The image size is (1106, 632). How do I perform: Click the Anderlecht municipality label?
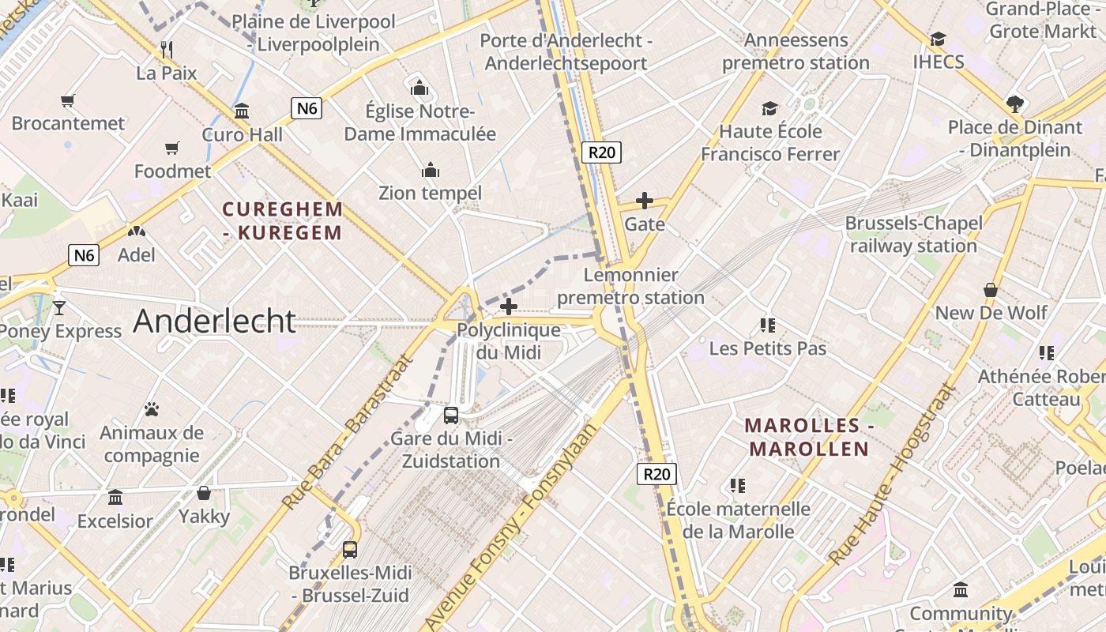tap(214, 321)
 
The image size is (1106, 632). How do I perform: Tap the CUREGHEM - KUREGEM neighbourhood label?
tap(283, 221)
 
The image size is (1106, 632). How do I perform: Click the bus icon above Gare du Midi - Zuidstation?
tap(451, 415)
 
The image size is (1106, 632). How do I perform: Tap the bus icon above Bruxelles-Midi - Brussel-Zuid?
tap(349, 549)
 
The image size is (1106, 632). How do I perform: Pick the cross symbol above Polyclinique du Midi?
tap(509, 307)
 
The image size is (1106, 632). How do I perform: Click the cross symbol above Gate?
tap(645, 201)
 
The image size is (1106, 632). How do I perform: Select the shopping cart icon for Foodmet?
tap(172, 148)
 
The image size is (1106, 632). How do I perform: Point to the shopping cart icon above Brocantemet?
tap(67, 100)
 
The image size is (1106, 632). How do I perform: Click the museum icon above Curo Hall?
tap(242, 111)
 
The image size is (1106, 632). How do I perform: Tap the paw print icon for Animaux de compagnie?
tap(151, 409)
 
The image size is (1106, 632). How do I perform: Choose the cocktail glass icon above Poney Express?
tap(58, 307)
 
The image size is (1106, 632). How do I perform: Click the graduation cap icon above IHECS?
tap(938, 39)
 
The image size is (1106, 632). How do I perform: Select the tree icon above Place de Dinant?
tap(1015, 103)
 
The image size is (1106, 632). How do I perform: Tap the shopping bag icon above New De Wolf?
tap(991, 290)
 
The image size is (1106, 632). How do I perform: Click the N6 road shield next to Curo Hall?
tap(307, 108)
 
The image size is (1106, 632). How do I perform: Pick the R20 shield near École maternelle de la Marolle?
tap(656, 474)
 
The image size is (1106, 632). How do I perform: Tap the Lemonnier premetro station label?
tap(630, 286)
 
